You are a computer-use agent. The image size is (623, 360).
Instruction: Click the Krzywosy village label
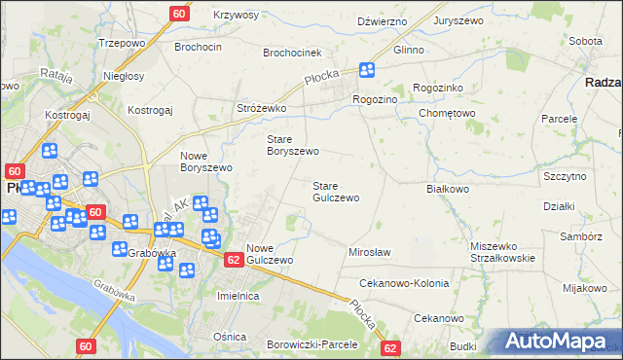point(235,16)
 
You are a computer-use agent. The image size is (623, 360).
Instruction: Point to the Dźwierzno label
point(381,20)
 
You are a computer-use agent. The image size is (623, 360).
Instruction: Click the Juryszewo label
point(460,20)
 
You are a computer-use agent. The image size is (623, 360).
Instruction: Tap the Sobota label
point(584,42)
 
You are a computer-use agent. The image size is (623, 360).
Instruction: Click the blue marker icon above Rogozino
point(366,70)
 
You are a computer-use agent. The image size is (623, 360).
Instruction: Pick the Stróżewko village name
point(261,108)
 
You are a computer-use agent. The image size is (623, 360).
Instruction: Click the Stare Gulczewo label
point(336,192)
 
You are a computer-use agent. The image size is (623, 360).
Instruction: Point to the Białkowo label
point(448,189)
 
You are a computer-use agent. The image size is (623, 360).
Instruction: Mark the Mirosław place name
point(369,252)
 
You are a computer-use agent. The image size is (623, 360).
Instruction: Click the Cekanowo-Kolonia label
point(404,283)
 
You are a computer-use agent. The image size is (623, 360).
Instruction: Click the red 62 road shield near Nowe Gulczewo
point(234,260)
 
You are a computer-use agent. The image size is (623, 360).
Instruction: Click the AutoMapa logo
point(558,341)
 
